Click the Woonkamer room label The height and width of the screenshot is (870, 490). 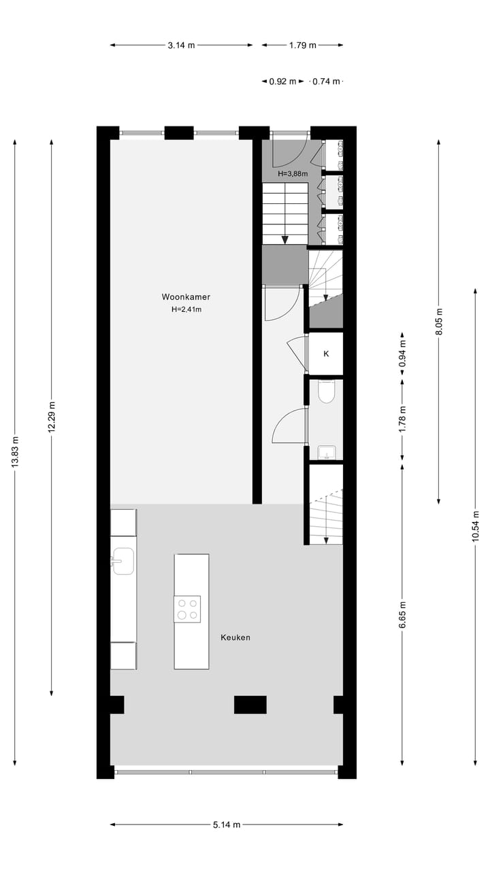[186, 297]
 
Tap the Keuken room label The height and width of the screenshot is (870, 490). [235, 638]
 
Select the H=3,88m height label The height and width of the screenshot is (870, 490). [293, 174]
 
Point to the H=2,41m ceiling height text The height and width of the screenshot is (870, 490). [186, 310]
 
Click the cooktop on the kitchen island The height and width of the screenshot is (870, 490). [187, 608]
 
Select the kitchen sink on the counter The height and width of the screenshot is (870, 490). [122, 561]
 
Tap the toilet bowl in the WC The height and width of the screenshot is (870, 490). [327, 391]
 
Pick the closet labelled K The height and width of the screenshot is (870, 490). [326, 354]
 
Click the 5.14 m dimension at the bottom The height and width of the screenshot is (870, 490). [227, 825]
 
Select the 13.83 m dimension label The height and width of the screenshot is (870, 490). [15, 453]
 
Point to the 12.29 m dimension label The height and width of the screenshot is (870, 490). [52, 417]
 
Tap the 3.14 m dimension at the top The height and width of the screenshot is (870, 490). [181, 46]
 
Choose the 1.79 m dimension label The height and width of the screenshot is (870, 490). [302, 46]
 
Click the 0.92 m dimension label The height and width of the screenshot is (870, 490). [282, 82]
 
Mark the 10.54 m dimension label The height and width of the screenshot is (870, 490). [475, 526]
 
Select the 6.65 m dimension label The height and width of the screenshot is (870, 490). [403, 615]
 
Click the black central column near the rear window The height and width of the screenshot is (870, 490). [250, 705]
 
